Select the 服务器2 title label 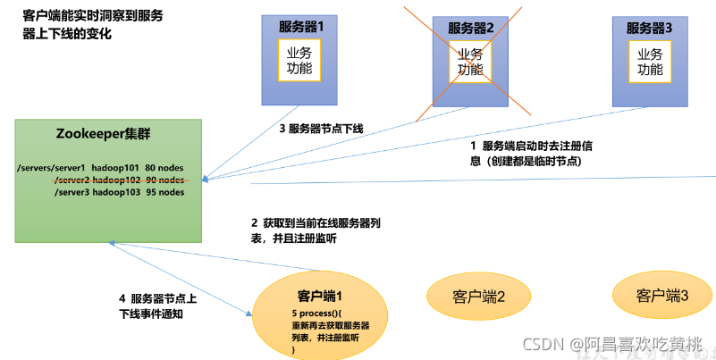(x=471, y=28)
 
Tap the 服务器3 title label (x=650, y=28)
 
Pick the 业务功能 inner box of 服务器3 (x=650, y=61)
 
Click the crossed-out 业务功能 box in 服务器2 (x=470, y=61)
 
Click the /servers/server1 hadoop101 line (x=101, y=168)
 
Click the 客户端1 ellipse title (x=320, y=296)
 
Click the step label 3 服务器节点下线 (x=321, y=129)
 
